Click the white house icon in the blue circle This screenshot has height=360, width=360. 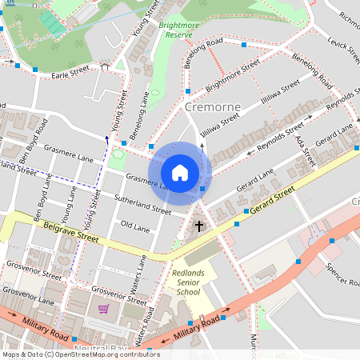(180, 173)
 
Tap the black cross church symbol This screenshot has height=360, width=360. (199, 227)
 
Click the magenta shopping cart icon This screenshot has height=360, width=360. (103, 309)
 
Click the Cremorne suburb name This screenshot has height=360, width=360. (212, 106)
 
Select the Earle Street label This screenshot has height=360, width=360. (69, 75)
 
